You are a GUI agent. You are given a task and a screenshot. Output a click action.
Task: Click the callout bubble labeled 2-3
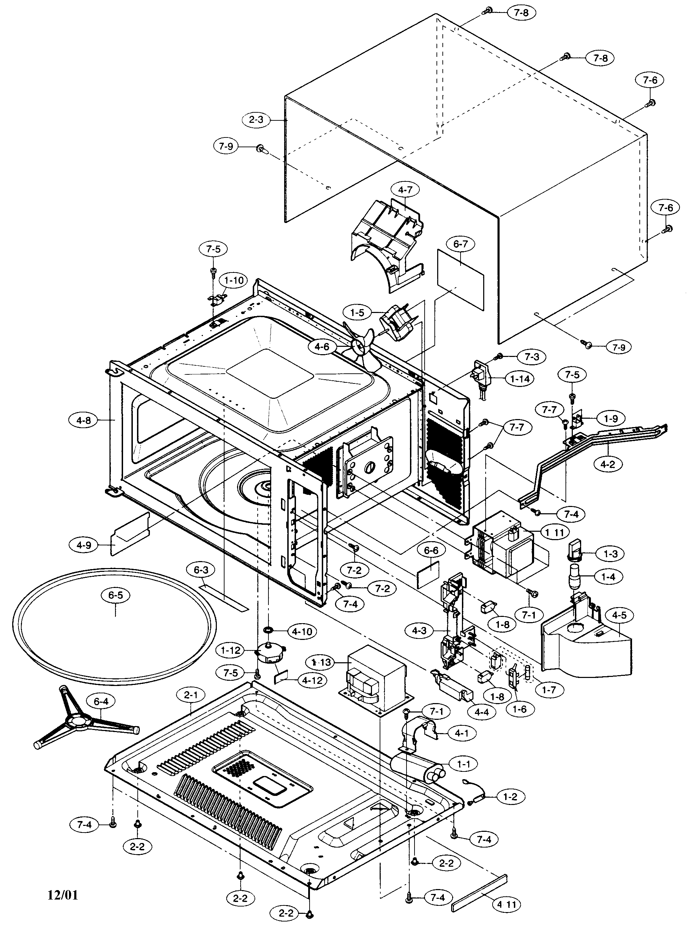click(x=256, y=120)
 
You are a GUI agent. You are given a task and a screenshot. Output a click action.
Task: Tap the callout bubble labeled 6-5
click(x=115, y=595)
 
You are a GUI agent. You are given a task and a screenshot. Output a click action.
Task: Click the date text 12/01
click(x=63, y=895)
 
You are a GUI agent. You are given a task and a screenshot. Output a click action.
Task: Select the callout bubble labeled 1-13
click(x=321, y=662)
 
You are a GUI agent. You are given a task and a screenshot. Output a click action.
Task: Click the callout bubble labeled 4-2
click(x=608, y=464)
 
